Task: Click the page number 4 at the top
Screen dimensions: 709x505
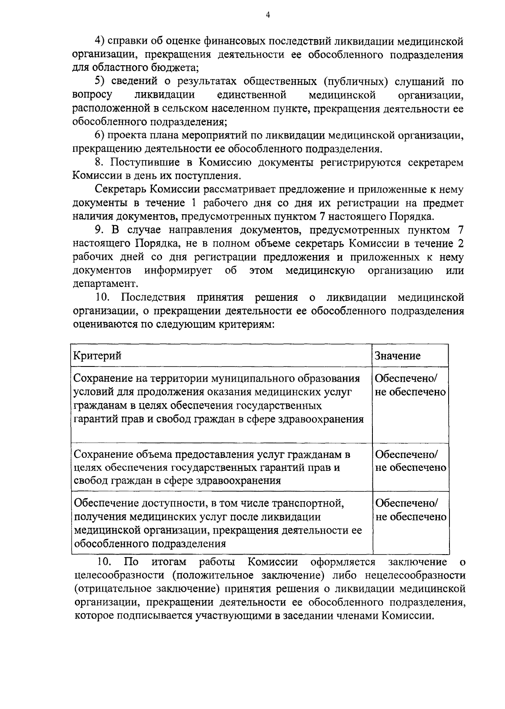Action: click(268, 15)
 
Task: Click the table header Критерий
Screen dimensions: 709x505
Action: click(97, 356)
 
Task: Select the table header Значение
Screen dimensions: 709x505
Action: click(398, 356)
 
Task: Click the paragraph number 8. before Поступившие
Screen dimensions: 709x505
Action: click(101, 162)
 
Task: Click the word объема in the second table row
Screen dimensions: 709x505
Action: click(154, 454)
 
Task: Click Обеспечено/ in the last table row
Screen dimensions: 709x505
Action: click(407, 503)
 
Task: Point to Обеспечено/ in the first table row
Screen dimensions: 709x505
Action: click(407, 378)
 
